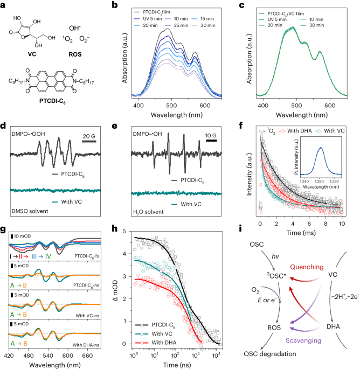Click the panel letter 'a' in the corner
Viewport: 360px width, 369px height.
[4, 5]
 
